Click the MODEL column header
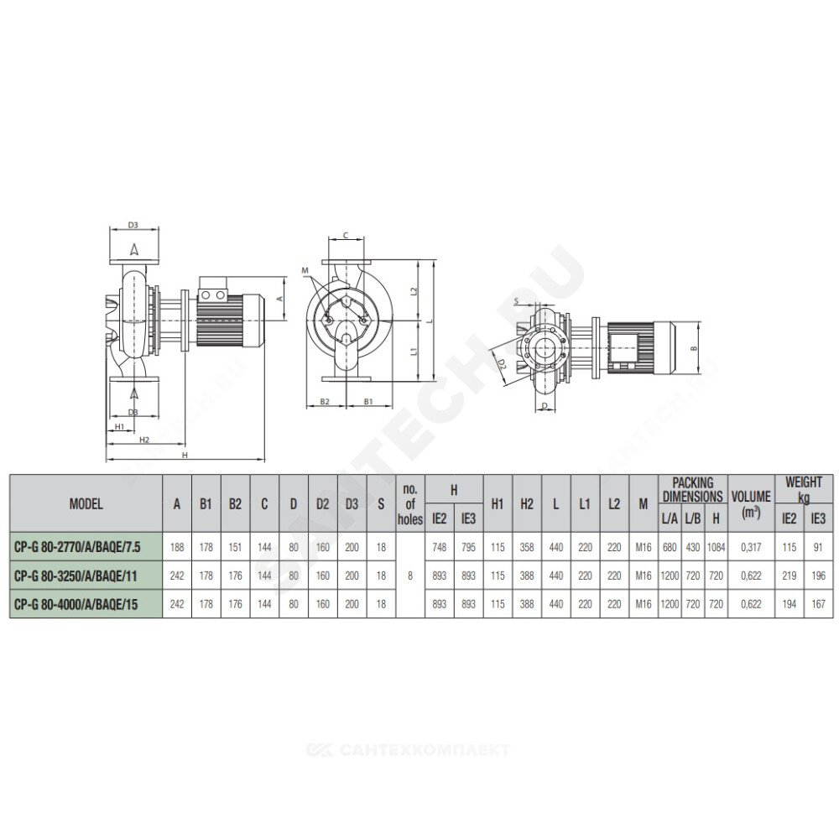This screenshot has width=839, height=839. tap(86, 503)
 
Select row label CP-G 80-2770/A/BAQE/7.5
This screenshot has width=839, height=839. tap(77, 547)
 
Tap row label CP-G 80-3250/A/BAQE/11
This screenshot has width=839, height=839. tap(76, 576)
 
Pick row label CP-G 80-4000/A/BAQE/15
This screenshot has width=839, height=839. tap(76, 604)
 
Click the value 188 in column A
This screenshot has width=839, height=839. tap(176, 547)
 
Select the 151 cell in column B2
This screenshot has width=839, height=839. tap(235, 547)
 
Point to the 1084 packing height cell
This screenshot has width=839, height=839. tap(716, 547)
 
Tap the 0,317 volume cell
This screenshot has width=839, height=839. tap(751, 547)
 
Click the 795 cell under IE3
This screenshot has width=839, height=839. tap(468, 547)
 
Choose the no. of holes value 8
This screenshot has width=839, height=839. tap(410, 576)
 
